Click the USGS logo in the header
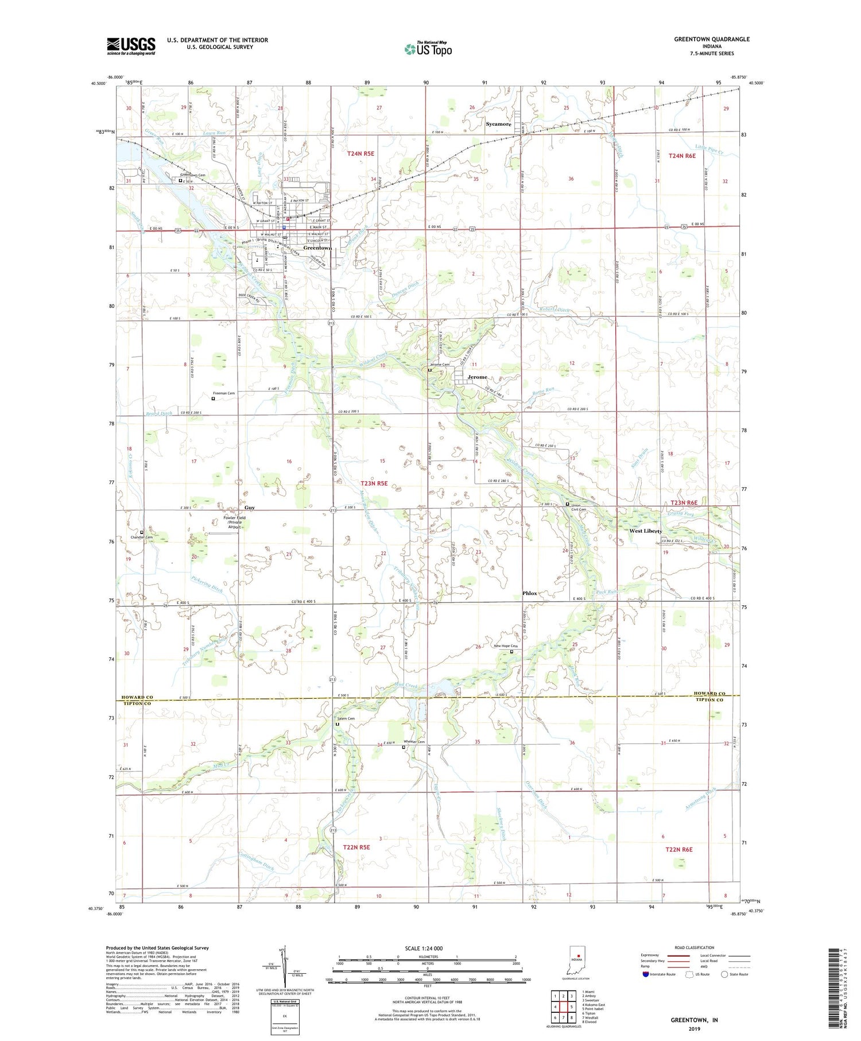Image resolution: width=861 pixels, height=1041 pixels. tap(131, 46)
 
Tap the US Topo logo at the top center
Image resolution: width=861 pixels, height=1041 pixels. tap(428, 49)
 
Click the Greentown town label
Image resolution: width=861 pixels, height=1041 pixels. tap(317, 248)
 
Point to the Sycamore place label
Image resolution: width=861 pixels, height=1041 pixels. tap(498, 124)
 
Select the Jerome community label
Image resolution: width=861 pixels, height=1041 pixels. tap(477, 377)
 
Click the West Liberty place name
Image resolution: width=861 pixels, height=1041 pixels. tap(645, 531)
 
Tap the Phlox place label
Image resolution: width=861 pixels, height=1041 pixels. tap(529, 593)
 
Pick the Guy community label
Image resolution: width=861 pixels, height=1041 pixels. tap(249, 508)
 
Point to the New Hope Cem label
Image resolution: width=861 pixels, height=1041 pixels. tap(506, 646)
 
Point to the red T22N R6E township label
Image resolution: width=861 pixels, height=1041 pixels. tap(680, 849)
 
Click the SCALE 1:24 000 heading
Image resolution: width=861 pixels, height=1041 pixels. tap(428, 948)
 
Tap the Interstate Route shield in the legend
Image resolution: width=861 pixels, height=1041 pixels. tap(646, 974)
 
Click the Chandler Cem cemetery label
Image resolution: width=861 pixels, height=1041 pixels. tap(141, 537)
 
